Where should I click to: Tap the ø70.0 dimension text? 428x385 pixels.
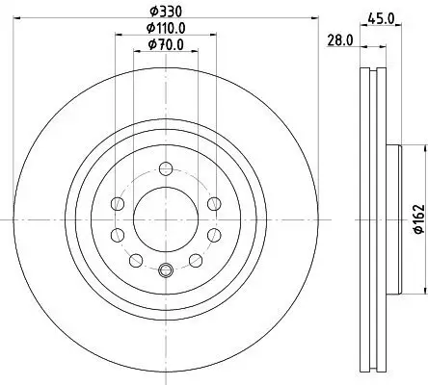[x=165, y=46]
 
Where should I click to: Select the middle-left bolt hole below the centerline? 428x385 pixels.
[x=118, y=235]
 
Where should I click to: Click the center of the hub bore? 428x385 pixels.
[x=165, y=219]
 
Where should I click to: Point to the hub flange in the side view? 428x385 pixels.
[x=393, y=219]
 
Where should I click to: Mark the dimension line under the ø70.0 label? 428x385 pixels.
[x=165, y=55]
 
